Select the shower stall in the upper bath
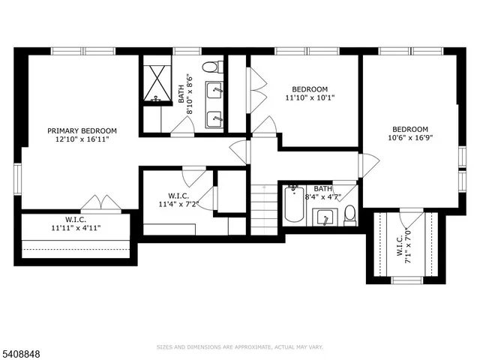tap(157, 82)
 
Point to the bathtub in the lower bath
tap(294, 205)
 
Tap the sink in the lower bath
tap(324, 217)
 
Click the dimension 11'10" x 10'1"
tap(310, 97)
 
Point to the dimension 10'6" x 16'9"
tap(410, 137)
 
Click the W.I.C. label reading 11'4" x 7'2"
tap(178, 199)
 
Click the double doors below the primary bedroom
tap(101, 202)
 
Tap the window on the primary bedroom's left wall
tap(16, 178)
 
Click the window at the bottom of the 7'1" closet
tap(408, 280)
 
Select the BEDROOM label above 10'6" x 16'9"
tap(410, 128)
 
